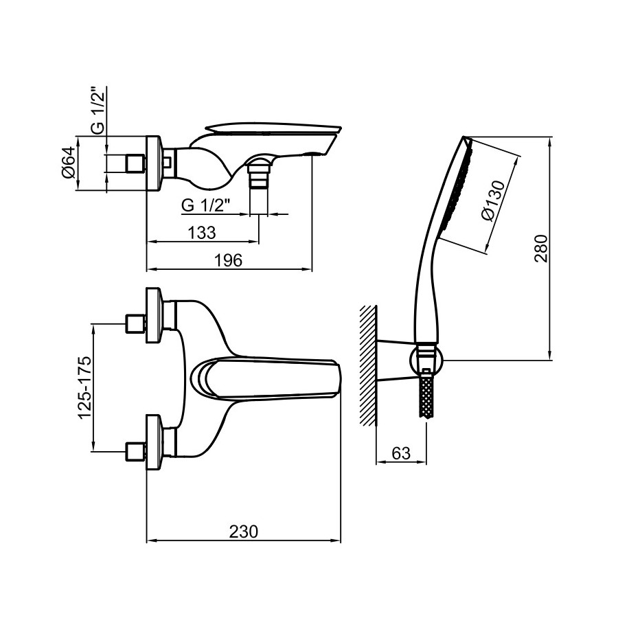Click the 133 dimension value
click(201, 232)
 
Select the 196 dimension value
click(230, 260)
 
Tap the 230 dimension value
click(243, 531)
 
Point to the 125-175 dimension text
click(84, 388)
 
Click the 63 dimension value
click(400, 453)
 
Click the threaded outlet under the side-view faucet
click(258, 179)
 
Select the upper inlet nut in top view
click(135, 323)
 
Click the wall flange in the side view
click(154, 163)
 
